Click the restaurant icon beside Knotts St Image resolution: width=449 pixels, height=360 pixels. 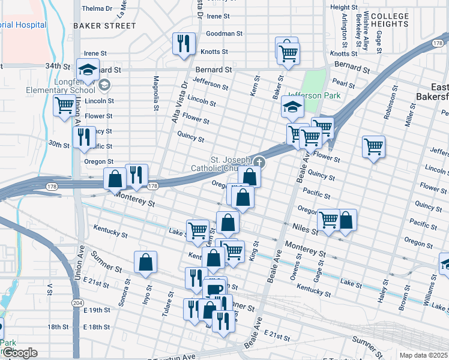[x=184, y=44]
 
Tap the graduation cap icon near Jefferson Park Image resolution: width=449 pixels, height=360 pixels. [x=292, y=107]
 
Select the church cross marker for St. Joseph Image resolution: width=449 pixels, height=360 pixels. [x=259, y=161]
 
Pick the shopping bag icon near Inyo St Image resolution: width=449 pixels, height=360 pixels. [x=145, y=262]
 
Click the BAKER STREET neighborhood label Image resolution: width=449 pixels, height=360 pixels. [x=104, y=26]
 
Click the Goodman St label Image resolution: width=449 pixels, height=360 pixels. [x=224, y=34]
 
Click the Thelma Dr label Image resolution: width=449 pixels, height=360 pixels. [x=97, y=8]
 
